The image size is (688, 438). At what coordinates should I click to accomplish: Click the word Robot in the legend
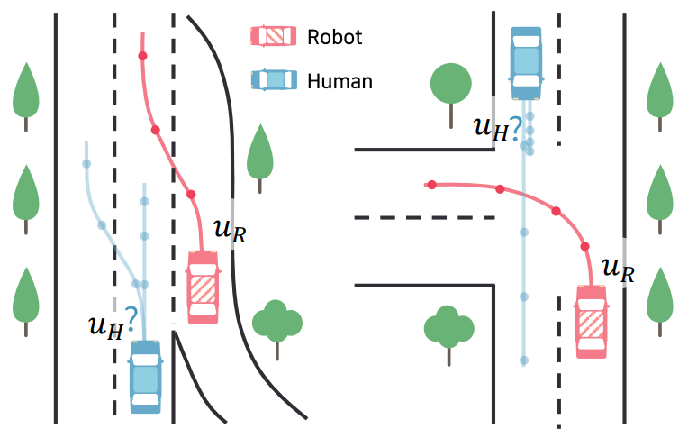coord(334,37)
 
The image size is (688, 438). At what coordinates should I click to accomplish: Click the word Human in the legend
coord(339,81)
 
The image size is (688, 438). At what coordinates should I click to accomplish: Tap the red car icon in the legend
coord(274,36)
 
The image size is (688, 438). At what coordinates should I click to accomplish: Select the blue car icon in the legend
coord(274,80)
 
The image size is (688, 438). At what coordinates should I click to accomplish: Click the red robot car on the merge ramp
coord(204,287)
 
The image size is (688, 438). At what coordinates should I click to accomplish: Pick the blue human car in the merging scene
coord(146,377)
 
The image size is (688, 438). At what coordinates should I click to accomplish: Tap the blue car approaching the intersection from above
coord(526,63)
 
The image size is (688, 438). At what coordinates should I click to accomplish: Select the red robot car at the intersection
coord(592,322)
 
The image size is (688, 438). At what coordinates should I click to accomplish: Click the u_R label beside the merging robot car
coord(230,232)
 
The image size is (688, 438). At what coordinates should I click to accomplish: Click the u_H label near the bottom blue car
coord(113,324)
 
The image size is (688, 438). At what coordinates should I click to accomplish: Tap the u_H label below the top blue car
coord(498,128)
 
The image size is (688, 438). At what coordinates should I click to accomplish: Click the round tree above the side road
coord(451,96)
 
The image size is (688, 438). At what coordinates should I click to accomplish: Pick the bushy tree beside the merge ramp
coord(277,330)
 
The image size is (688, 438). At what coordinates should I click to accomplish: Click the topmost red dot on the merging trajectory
coord(142,56)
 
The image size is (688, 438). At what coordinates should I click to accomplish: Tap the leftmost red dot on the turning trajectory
coord(432,185)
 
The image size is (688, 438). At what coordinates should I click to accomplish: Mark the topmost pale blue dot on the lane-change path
coord(86,164)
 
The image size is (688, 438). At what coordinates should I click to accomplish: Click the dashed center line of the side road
coord(425,217)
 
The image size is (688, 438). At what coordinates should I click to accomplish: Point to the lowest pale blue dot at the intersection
coord(524,360)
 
